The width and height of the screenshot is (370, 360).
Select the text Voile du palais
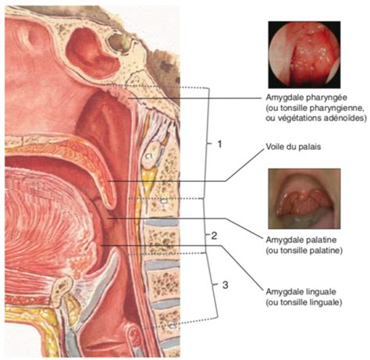pyautogui.click(x=294, y=147)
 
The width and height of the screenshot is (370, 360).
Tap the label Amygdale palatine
pyautogui.click(x=301, y=240)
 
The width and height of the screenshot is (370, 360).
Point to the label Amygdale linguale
pyautogui.click(x=301, y=291)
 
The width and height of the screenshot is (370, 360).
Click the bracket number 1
pyautogui.click(x=219, y=144)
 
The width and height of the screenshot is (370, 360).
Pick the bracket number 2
pyautogui.click(x=214, y=236)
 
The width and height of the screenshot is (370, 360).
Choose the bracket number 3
pyautogui.click(x=226, y=285)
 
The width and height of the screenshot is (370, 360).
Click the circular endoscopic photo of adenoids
pyautogui.click(x=304, y=55)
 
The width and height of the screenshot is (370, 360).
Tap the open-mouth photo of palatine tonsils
pyautogui.click(x=304, y=198)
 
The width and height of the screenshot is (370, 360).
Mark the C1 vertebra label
pyautogui.click(x=148, y=156)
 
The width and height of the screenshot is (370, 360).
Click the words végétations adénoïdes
pyautogui.click(x=319, y=118)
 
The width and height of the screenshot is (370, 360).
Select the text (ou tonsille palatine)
pyautogui.click(x=304, y=251)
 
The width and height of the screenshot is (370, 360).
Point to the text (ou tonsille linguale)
pyautogui.click(x=304, y=302)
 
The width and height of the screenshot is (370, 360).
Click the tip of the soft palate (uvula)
pyautogui.click(x=112, y=205)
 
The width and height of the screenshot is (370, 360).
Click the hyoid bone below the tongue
pyautogui.click(x=62, y=287)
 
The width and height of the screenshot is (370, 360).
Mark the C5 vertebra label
pyautogui.click(x=173, y=326)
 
